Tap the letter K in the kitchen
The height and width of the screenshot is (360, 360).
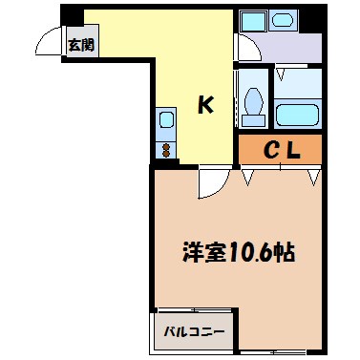pos(204,104)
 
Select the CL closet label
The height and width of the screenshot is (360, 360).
pos(282,149)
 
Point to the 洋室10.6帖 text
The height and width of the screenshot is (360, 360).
pos(238,253)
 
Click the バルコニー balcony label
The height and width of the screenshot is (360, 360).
pos(194,332)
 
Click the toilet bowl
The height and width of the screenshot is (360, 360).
pos(253,103)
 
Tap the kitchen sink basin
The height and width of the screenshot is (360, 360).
pos(165,120)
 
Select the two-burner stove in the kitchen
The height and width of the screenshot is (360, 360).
pos(165,149)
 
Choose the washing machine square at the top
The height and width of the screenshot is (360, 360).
pos(253,20)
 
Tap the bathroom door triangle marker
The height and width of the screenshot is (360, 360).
pos(281,72)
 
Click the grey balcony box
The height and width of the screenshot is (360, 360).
pos(194,332)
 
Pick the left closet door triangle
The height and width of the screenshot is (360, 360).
pos(248,176)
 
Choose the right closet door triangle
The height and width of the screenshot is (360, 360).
pos(312,176)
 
